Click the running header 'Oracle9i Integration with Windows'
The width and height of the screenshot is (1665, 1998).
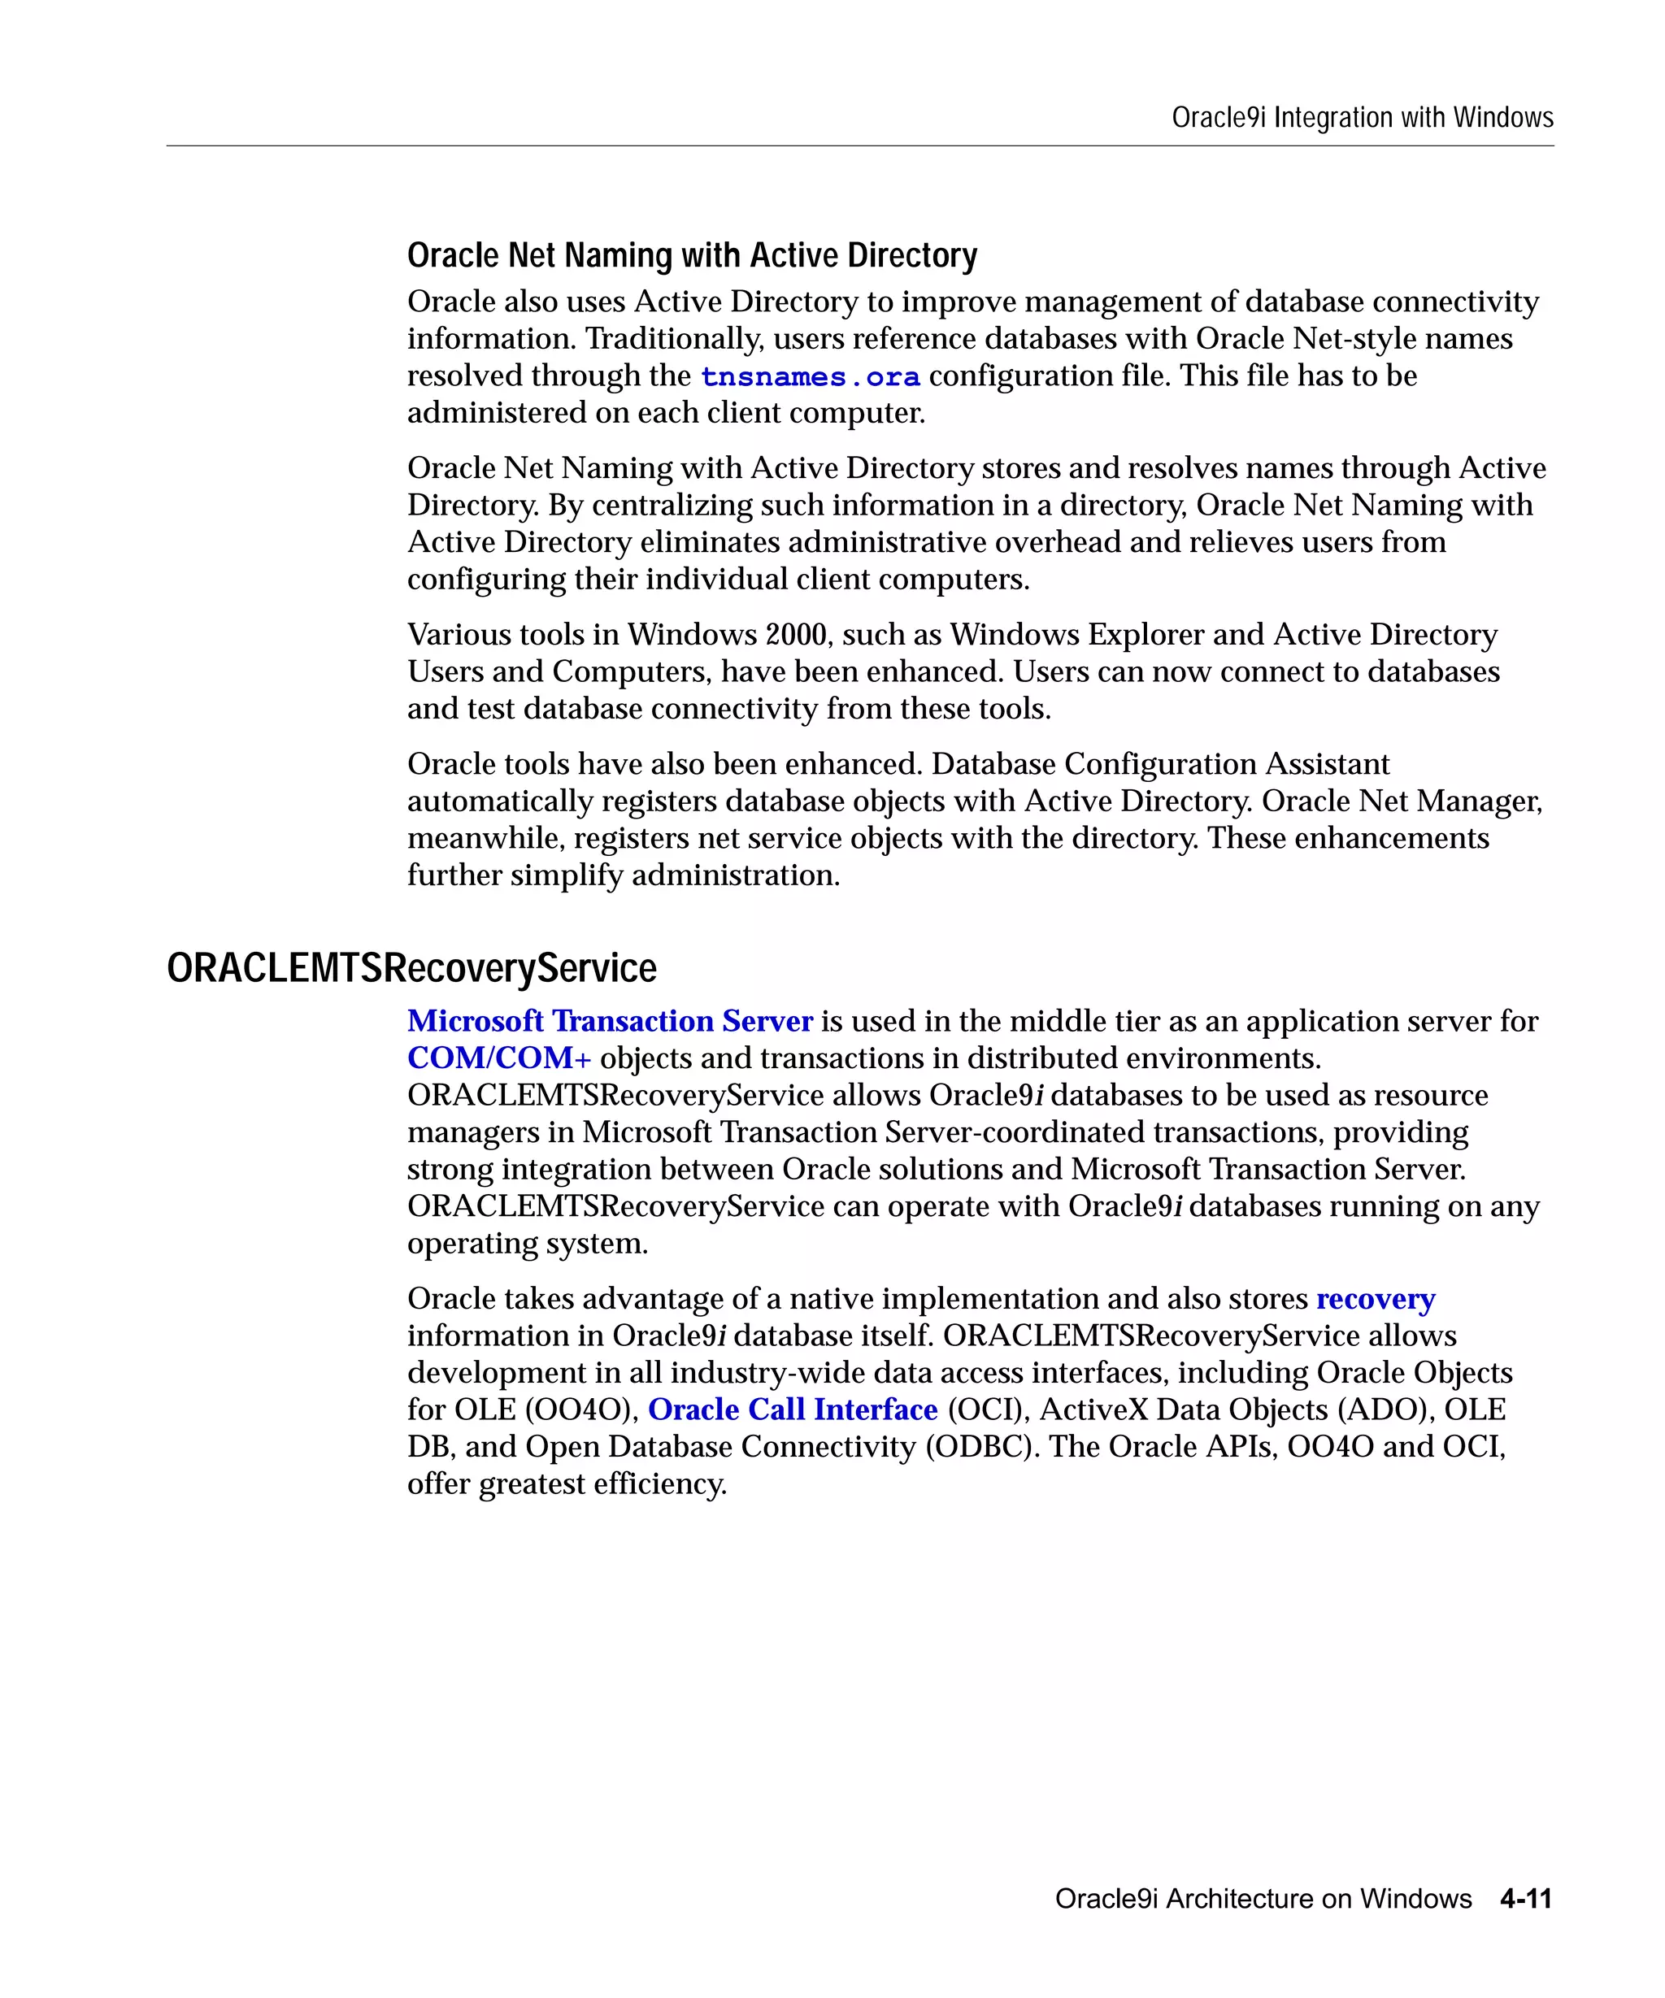pos(1362,118)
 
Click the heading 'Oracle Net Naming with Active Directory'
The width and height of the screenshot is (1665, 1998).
pos(692,255)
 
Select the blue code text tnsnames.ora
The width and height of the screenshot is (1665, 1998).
pos(810,377)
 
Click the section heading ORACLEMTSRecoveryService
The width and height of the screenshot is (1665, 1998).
pos(411,969)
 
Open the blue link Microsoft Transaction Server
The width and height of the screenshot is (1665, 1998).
pos(610,1021)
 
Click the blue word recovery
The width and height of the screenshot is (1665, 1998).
pos(1375,1299)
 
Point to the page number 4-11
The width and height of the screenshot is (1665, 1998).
pos(1525,1899)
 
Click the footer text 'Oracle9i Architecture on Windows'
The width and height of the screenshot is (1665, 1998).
pos(1263,1899)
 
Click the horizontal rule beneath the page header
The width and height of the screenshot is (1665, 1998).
pos(859,146)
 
